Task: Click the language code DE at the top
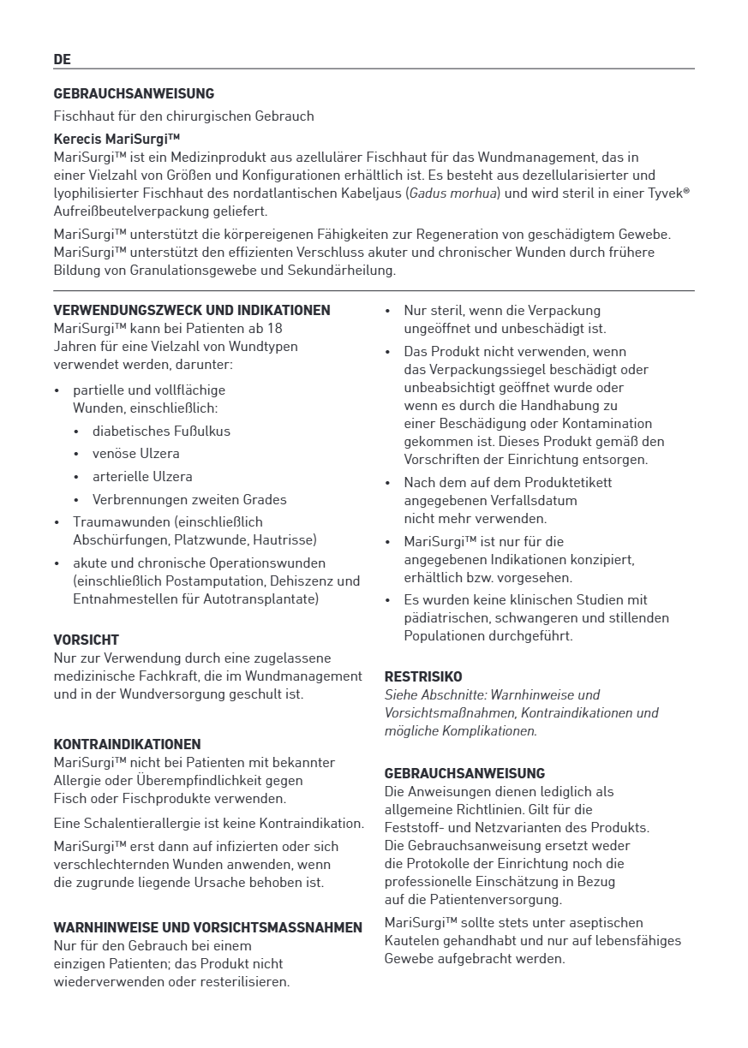point(62,59)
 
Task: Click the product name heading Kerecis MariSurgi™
point(117,138)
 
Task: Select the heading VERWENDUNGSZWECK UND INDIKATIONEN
point(192,310)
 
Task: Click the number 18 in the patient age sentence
point(275,328)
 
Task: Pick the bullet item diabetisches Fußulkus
point(161,431)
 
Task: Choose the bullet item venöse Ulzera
point(136,453)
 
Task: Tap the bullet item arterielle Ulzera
point(142,476)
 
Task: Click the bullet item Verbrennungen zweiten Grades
point(189,499)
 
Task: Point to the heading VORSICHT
point(86,640)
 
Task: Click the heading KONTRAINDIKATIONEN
point(127,744)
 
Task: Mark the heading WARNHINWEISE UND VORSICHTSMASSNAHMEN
point(207,927)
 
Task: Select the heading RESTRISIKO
point(422,676)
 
